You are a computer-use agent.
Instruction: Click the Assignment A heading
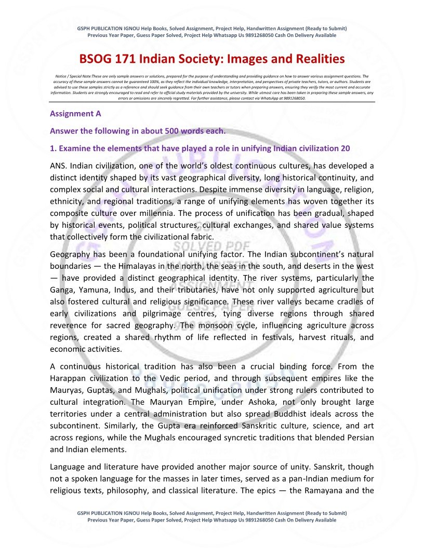(75, 113)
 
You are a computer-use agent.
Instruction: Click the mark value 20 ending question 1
(345, 148)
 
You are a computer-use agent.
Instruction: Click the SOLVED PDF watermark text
(211, 246)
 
